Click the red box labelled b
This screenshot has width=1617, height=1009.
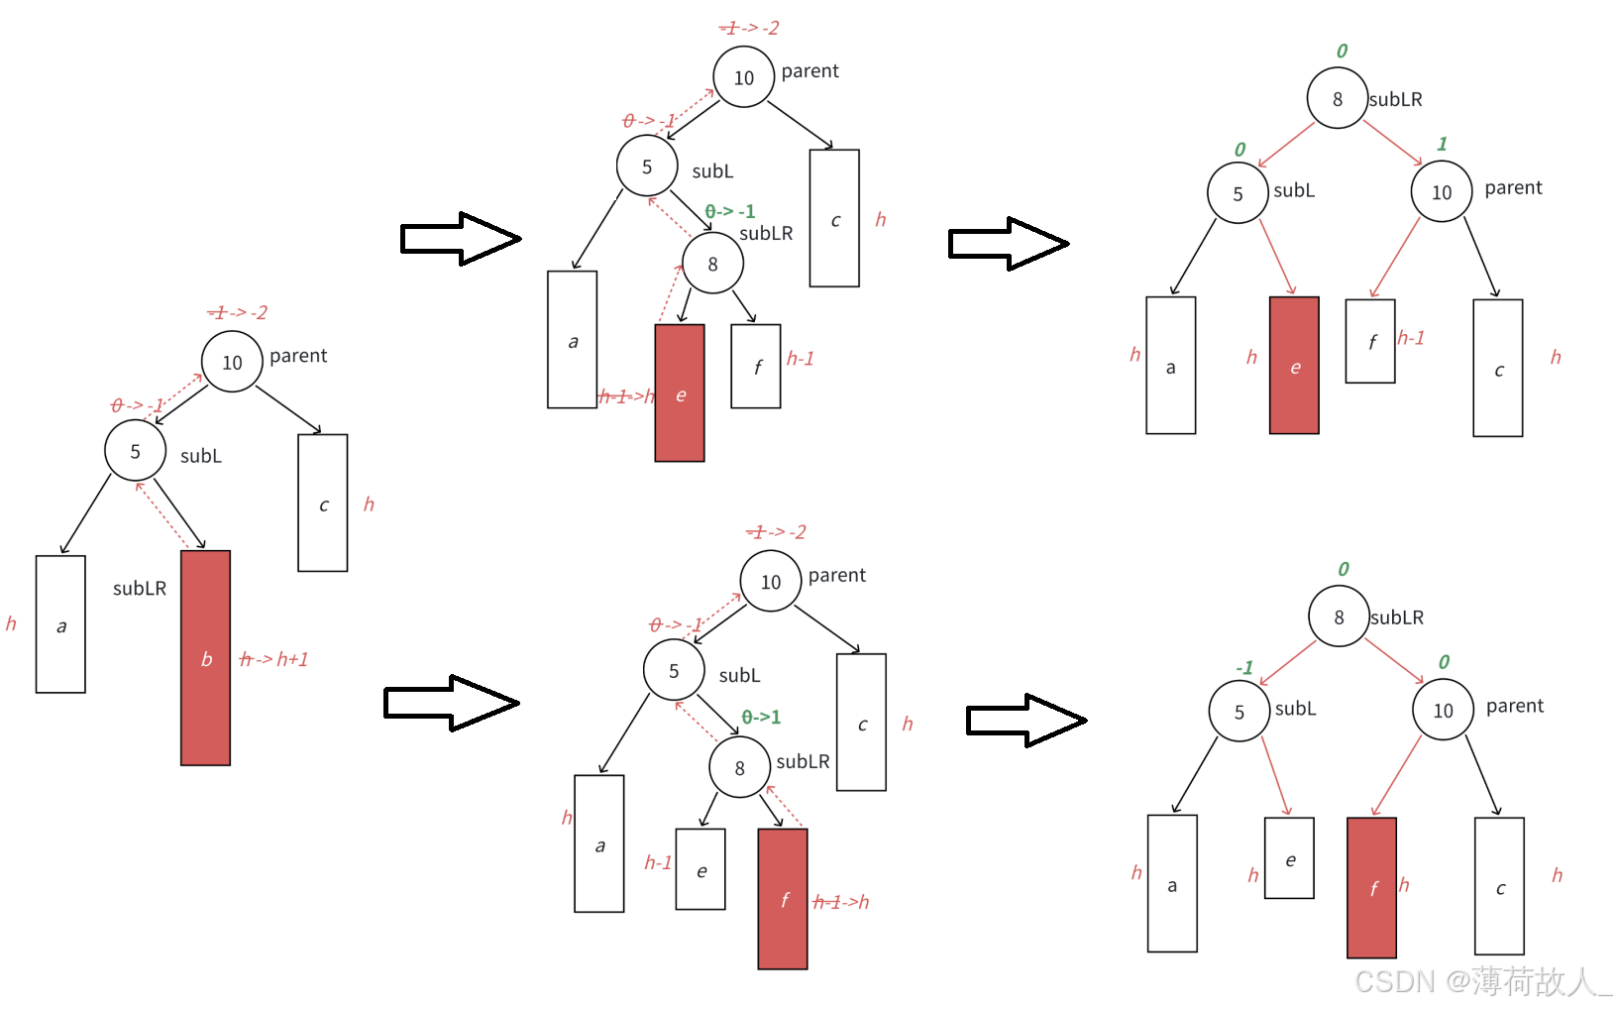tap(205, 657)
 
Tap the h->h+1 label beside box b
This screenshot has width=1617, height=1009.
tap(273, 659)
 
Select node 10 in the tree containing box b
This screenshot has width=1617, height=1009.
tap(232, 363)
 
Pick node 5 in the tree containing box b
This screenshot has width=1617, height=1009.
tap(136, 451)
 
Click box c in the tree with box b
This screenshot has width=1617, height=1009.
tap(323, 503)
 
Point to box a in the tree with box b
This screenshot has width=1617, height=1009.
tap(60, 623)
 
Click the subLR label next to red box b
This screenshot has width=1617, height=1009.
tap(140, 588)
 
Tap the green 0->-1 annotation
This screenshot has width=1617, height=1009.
tap(730, 211)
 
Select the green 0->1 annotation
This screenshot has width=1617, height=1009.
tap(761, 717)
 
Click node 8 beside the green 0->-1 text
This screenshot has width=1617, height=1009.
tap(712, 264)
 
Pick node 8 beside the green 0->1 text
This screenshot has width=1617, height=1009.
tap(739, 768)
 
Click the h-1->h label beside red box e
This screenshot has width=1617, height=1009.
tap(626, 396)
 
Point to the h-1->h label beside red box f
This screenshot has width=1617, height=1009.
tap(841, 902)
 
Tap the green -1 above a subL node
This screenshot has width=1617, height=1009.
tap(1244, 668)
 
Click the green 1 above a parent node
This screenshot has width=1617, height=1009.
tap(1442, 145)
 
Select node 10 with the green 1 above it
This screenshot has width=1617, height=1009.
tap(1442, 192)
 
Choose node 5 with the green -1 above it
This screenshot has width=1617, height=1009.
tap(1240, 712)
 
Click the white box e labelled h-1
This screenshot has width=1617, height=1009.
tap(701, 869)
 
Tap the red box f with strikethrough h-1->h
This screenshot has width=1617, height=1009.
tap(783, 899)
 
